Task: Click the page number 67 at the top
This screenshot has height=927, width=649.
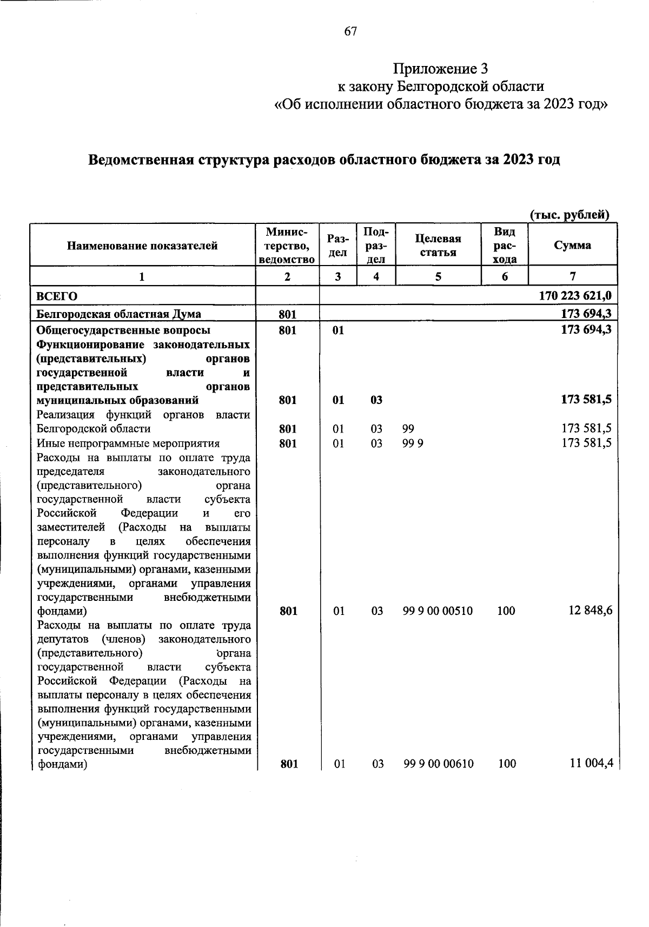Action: tap(350, 31)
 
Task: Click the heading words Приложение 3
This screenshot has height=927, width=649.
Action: tap(440, 69)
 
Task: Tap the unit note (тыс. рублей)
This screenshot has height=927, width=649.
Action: tap(569, 215)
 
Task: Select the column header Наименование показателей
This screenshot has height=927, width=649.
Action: tap(142, 246)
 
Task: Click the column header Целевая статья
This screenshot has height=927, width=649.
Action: tap(438, 246)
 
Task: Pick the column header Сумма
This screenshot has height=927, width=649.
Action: tap(572, 245)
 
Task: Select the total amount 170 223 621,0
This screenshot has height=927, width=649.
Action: tap(575, 296)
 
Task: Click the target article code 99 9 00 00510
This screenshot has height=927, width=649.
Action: tap(438, 611)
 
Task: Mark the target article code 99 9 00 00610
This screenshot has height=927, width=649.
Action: tap(438, 764)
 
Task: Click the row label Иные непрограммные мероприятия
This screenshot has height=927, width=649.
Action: tap(128, 443)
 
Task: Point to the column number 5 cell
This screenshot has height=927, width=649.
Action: tap(438, 276)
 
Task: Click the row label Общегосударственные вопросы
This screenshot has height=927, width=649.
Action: tap(123, 330)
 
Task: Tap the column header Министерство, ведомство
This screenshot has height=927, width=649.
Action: tap(287, 246)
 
